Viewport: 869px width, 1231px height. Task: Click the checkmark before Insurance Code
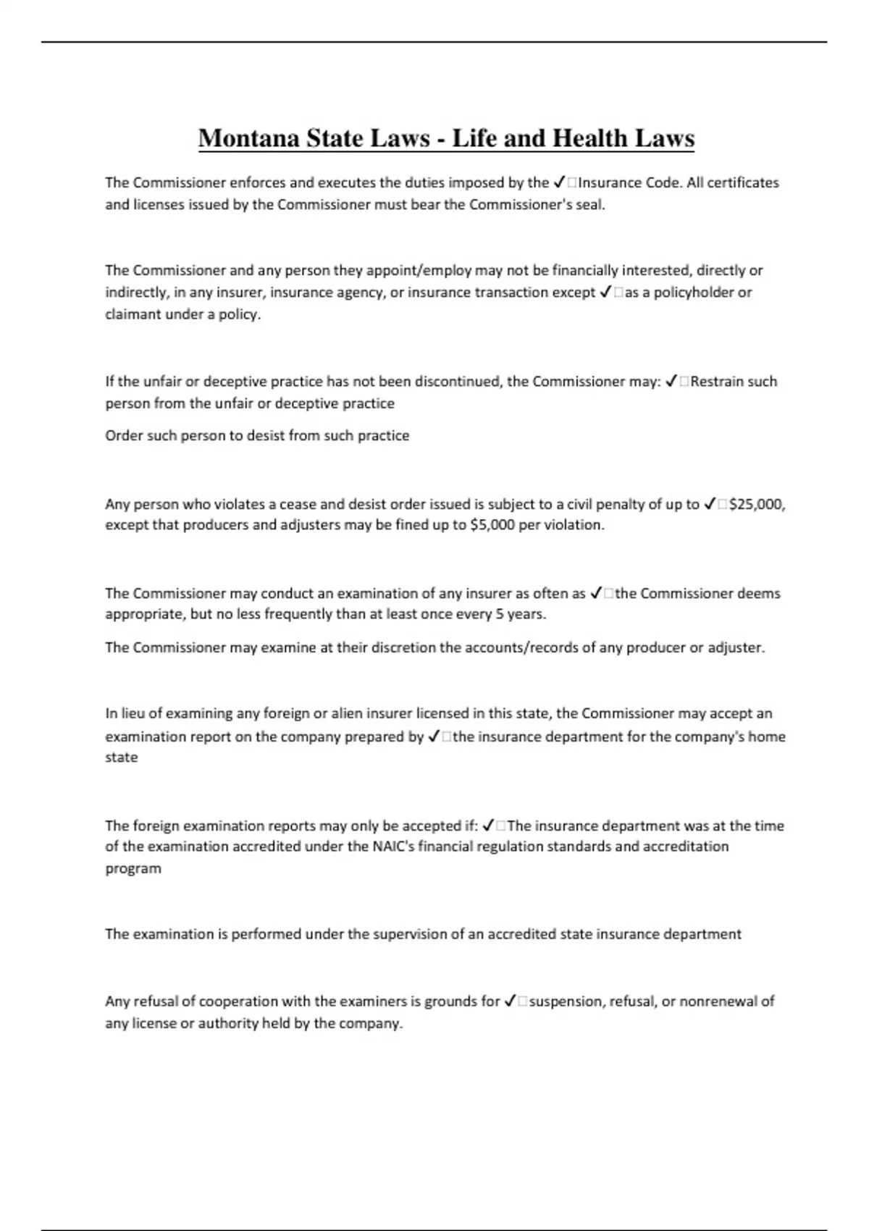tap(559, 182)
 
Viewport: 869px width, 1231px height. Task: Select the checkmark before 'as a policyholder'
tap(607, 293)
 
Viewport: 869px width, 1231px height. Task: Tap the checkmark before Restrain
tap(671, 382)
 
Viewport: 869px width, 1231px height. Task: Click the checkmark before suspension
tap(510, 1001)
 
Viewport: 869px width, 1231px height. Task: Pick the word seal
tap(589, 204)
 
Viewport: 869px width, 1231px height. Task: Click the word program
tap(133, 868)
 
